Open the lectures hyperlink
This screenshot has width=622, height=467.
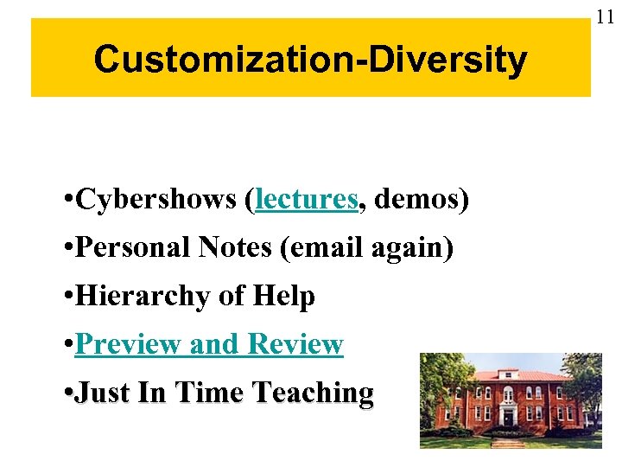pyautogui.click(x=307, y=200)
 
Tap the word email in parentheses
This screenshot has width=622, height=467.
pyautogui.click(x=324, y=248)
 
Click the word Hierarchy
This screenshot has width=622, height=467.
pyautogui.click(x=143, y=297)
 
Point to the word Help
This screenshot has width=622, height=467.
pyautogui.click(x=284, y=297)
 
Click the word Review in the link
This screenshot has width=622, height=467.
pyautogui.click(x=295, y=345)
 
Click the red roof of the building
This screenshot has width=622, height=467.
pyautogui.click(x=518, y=374)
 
